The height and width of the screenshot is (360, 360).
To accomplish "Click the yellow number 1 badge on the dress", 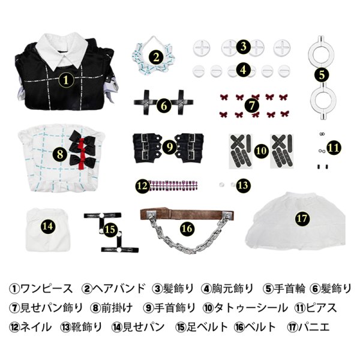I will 67,79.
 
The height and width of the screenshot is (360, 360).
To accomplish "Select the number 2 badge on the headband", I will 156,58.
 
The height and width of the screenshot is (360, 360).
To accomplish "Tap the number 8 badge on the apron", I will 59,154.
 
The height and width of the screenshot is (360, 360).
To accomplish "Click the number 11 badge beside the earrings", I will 334,146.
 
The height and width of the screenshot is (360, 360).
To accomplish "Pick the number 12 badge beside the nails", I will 142,185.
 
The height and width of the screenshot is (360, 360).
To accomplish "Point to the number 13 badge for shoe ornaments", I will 242,185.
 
